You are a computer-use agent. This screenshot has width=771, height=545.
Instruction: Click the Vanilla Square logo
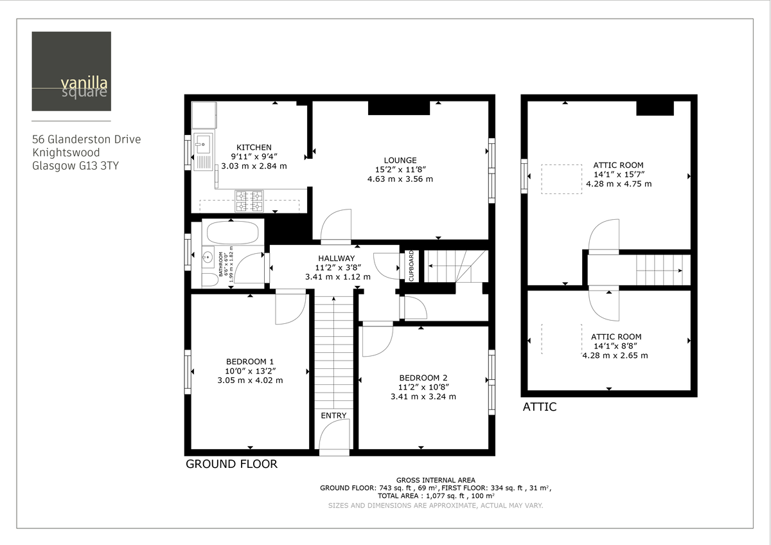click(71, 71)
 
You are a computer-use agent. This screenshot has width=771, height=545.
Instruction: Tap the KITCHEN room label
click(254, 147)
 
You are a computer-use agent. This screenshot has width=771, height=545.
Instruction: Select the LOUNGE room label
click(400, 160)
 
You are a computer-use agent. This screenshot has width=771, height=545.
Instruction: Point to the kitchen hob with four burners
click(249, 201)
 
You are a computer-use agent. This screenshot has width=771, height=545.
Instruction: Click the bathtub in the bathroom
click(231, 231)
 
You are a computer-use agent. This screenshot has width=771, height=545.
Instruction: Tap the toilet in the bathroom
click(209, 280)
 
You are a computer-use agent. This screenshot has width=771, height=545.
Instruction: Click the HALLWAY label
click(337, 258)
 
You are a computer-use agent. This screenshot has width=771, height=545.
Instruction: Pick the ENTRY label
click(333, 415)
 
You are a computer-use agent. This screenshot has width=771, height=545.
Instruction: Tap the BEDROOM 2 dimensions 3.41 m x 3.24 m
click(423, 397)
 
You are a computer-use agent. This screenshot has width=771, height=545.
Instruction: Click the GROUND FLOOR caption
click(231, 464)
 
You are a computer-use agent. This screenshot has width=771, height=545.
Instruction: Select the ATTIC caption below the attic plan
click(539, 407)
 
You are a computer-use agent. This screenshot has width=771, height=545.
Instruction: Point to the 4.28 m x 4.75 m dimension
click(618, 184)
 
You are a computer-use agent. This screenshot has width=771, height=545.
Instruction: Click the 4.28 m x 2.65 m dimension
click(615, 355)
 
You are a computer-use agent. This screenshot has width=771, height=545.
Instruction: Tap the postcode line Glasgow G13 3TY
click(75, 166)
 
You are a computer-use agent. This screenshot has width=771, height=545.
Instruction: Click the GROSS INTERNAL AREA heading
click(436, 480)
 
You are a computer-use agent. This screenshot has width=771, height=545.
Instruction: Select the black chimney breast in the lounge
click(398, 108)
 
